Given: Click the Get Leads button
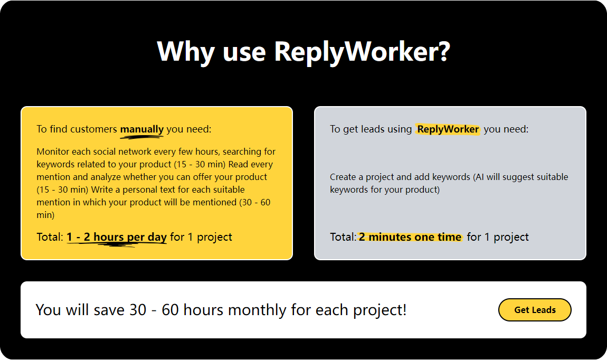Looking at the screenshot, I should tap(535, 310).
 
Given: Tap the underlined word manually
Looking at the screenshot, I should tap(142, 129).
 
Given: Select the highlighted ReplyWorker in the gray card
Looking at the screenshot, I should tap(448, 129).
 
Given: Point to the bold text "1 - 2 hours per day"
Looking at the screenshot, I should tap(117, 237).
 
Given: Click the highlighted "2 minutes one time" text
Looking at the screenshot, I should tap(410, 237).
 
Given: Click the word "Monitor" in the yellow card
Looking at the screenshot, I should tap(53, 151).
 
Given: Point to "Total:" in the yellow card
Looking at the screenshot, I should tap(50, 237).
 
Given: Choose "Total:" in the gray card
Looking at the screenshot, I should tap(343, 237).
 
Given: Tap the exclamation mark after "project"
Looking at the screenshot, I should tap(404, 310).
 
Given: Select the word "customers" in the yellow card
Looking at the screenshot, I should tap(93, 129).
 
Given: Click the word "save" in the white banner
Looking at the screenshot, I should tap(109, 310).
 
